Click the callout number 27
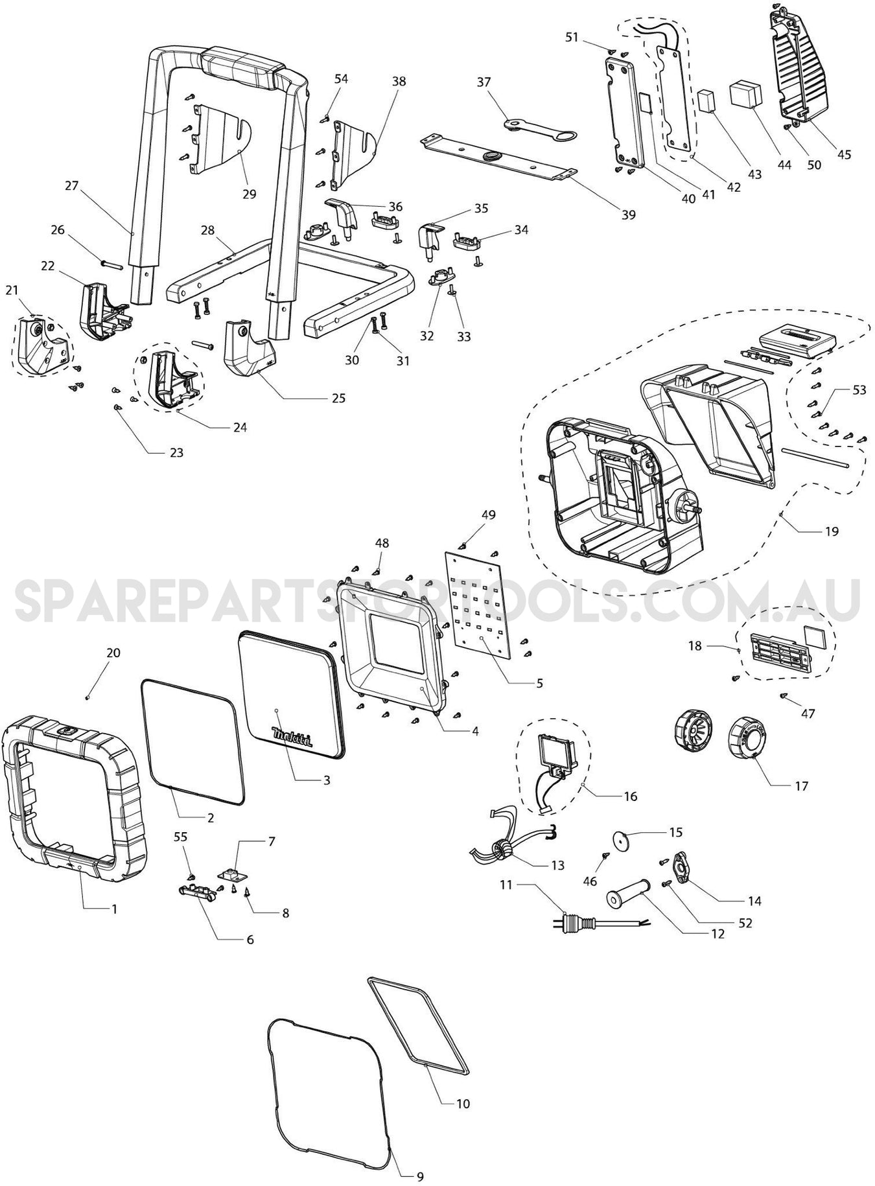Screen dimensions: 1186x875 71,186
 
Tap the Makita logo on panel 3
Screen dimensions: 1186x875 292,738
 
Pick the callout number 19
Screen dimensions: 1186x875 832,531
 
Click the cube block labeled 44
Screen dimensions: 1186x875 746,95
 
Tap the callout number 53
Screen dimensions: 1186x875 859,390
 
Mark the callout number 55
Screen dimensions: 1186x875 181,837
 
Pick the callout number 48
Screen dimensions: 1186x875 382,543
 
